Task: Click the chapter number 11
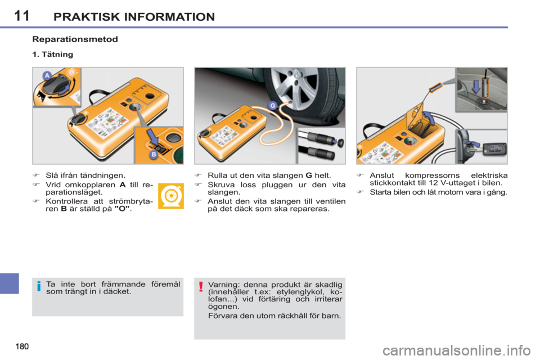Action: coord(21,16)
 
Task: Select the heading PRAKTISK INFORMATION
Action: coord(134,17)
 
